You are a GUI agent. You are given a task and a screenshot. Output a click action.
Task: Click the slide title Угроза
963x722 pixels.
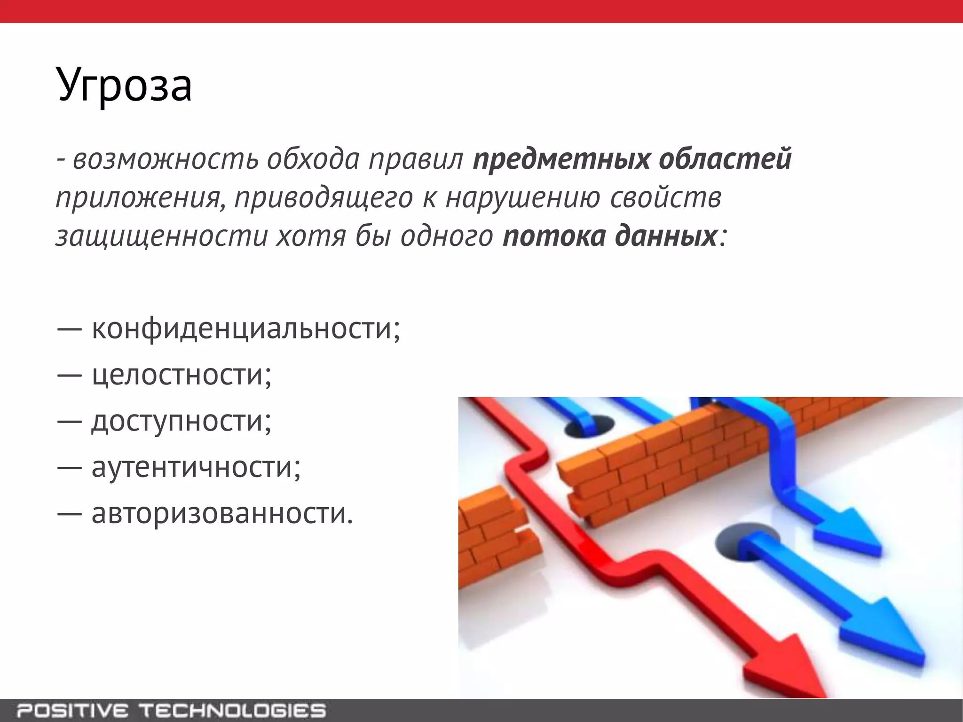[124, 85]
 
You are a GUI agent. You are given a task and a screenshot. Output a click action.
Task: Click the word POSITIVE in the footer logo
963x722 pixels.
[71, 710]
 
